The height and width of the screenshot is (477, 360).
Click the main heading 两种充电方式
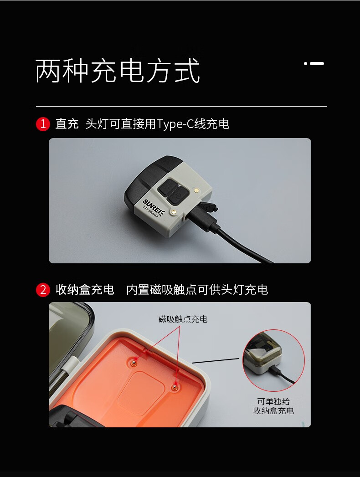118,71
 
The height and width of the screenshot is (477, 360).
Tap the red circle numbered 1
43,124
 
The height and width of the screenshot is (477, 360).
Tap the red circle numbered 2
43,290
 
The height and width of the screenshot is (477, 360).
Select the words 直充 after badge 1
67,124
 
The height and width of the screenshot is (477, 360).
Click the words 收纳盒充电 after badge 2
85,290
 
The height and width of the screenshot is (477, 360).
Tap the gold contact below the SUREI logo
174,211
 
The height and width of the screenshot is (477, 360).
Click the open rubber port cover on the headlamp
209,207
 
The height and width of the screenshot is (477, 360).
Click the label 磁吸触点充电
183,319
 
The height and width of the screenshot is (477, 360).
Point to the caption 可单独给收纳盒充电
273,406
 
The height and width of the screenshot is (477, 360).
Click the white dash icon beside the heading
314,64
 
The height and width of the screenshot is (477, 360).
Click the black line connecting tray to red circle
215,361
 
